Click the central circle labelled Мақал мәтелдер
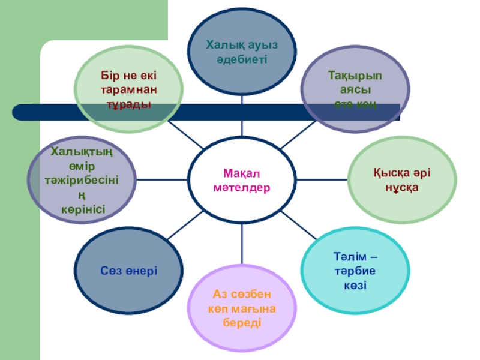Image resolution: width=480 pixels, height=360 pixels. click(x=242, y=180)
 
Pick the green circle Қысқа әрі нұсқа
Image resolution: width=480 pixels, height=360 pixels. click(x=401, y=180)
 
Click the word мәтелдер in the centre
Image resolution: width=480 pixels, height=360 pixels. click(x=242, y=188)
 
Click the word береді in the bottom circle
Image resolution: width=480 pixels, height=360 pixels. click(x=242, y=323)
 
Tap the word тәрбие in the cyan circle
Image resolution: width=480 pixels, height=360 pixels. click(x=355, y=271)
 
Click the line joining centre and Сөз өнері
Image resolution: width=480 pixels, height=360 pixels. click(x=179, y=231)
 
